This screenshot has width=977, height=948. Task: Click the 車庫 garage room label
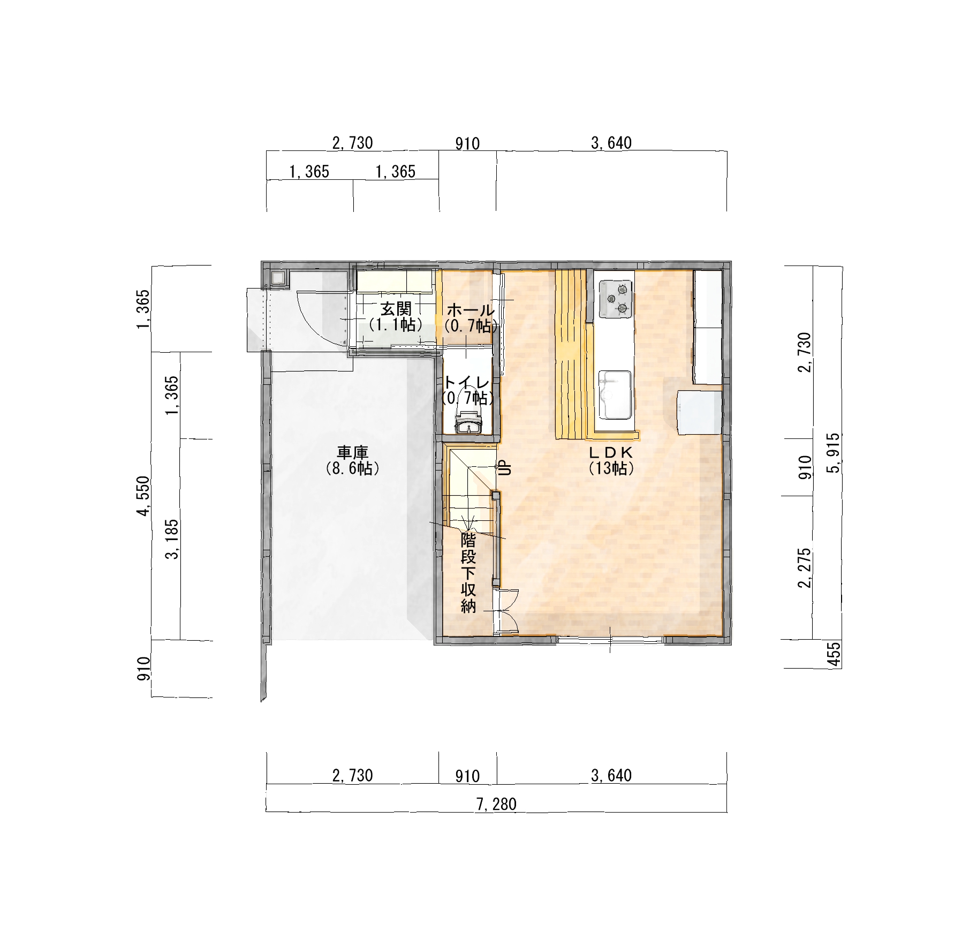352,453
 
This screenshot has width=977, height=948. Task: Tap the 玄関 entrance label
396,309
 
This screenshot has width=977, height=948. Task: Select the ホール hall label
469,310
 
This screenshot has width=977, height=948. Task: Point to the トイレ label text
467,383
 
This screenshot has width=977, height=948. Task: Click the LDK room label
611,453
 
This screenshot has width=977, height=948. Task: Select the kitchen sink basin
615,395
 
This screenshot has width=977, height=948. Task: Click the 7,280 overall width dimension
496,804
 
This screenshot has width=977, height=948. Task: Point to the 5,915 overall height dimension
834,453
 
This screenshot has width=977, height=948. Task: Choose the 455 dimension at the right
834,654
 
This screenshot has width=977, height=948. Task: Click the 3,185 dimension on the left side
172,539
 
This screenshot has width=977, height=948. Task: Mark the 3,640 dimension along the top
611,143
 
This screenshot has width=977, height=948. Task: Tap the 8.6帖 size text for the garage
352,468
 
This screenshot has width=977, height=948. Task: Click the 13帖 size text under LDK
611,468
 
